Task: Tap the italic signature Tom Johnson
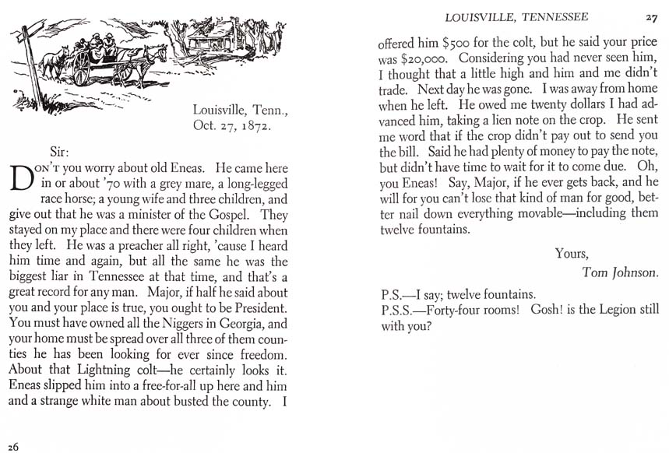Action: tap(620, 272)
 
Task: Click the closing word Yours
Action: tap(572, 252)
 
